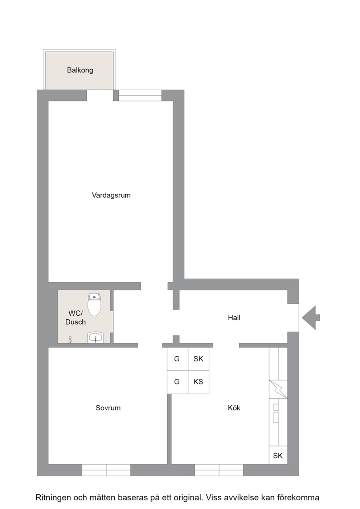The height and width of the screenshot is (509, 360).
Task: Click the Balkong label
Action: point(80,70)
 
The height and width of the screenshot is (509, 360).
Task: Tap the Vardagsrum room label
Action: point(111,195)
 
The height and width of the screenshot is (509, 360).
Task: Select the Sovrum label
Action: point(108,408)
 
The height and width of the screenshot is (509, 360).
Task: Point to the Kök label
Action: point(234,408)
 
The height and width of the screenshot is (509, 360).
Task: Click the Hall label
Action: point(234,318)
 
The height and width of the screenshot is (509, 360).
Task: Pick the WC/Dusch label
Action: point(75,318)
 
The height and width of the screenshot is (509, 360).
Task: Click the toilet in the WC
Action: point(94,304)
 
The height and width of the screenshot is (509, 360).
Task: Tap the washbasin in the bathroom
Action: point(95,337)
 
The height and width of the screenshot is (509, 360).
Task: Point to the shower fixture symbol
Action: point(70,340)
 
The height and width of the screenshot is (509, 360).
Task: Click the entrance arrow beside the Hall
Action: point(311,318)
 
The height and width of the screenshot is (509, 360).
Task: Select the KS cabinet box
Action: point(199,382)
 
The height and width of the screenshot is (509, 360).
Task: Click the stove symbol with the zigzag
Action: point(278,389)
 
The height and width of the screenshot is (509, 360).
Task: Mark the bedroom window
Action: point(106,470)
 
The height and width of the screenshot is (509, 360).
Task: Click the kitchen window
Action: point(219,470)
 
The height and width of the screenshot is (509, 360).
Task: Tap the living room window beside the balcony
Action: point(140,95)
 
